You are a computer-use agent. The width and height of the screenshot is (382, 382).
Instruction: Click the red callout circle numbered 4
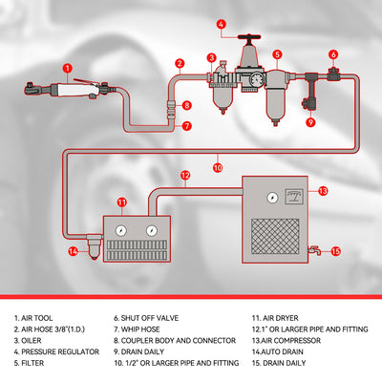point(222,25)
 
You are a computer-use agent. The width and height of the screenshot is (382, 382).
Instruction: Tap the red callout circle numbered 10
point(218,168)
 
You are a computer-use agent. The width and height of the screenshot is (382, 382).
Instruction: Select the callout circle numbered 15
point(335,251)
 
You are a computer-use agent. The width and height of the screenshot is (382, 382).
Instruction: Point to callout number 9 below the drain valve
point(310,122)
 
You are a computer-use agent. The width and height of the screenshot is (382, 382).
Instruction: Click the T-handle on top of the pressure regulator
point(249,38)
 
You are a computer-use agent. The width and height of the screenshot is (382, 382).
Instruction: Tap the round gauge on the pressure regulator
point(256,80)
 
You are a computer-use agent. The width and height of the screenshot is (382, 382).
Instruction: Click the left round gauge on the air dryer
point(121,230)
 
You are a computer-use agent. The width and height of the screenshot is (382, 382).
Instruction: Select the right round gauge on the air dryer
point(151,230)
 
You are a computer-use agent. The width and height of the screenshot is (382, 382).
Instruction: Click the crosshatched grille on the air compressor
point(275,236)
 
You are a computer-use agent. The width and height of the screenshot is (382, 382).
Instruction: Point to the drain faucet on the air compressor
point(315,250)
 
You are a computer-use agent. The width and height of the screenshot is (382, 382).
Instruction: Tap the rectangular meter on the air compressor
point(293,196)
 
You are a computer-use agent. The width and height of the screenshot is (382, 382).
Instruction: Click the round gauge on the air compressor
point(272,198)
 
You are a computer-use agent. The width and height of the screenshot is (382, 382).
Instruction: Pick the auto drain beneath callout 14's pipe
point(94,247)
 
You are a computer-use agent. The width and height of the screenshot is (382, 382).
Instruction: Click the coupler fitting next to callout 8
point(171,108)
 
